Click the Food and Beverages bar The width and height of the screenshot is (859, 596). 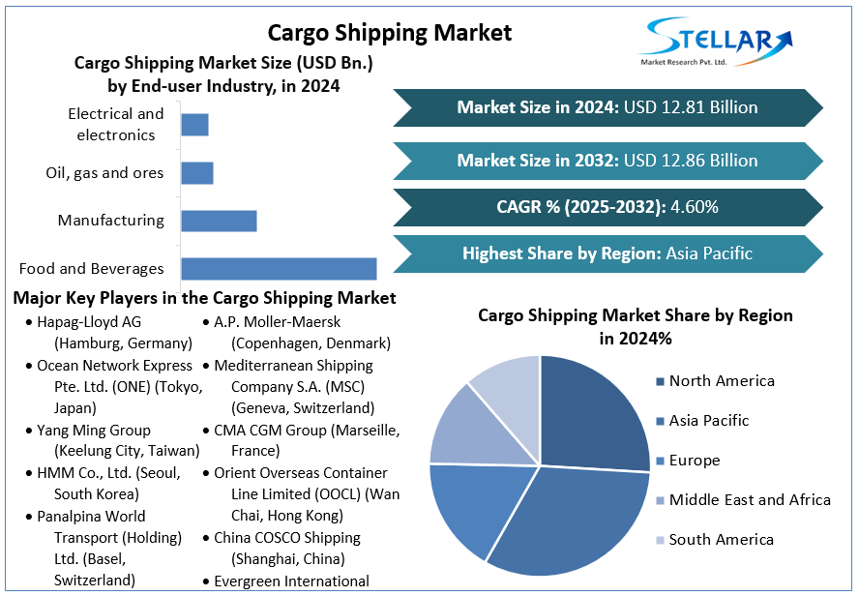[x=279, y=269]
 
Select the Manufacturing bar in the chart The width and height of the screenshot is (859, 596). [x=219, y=221]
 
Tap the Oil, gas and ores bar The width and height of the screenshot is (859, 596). [x=196, y=173]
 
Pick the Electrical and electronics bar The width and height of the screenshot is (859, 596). [x=194, y=125]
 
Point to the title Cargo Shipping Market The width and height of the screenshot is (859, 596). [x=390, y=33]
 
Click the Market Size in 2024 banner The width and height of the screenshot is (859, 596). [x=607, y=107]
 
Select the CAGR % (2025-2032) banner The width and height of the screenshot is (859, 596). [x=607, y=207]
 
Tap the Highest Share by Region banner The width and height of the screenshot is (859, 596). [x=607, y=254]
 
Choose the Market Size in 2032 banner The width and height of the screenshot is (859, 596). [x=607, y=160]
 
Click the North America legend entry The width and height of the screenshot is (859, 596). [x=721, y=381]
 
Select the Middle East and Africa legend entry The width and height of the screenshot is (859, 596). [x=749, y=500]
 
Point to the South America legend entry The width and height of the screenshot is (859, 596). [x=721, y=540]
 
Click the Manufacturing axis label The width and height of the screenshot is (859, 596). [x=110, y=221]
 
